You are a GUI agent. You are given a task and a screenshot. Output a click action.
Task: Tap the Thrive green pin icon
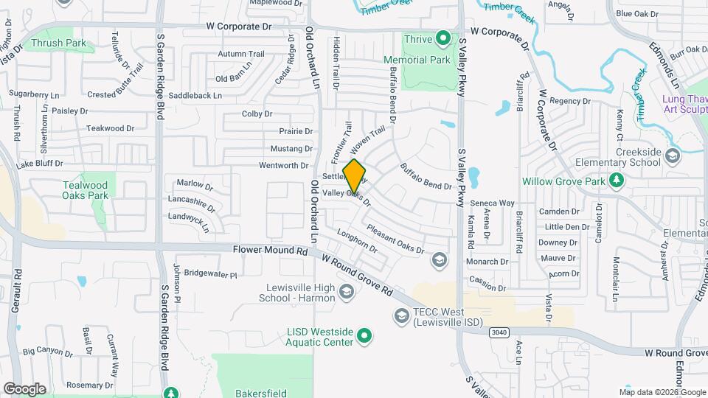click(443, 37)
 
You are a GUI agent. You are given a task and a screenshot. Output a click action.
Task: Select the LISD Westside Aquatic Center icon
click(364, 337)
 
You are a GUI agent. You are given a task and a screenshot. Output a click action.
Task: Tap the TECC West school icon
click(402, 316)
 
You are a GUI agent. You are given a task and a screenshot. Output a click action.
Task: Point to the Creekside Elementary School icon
click(672, 156)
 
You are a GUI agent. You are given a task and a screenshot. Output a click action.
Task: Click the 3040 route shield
click(499, 333)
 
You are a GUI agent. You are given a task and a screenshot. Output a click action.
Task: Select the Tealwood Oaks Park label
click(86, 190)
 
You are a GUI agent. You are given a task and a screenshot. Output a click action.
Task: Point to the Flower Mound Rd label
click(270, 251)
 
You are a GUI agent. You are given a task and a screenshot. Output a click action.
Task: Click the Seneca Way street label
click(493, 203)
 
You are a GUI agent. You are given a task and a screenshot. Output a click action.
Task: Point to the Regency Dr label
click(570, 101)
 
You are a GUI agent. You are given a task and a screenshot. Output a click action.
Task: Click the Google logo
click(24, 388)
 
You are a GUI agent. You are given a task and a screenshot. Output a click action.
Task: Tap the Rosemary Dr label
click(88, 385)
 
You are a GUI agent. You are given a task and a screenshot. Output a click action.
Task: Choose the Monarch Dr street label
click(487, 262)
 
